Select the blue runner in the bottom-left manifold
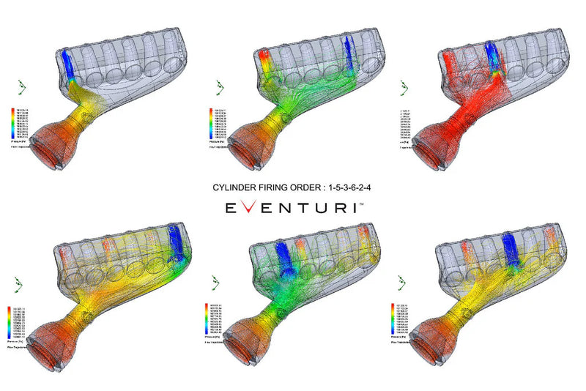tap(178, 239)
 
